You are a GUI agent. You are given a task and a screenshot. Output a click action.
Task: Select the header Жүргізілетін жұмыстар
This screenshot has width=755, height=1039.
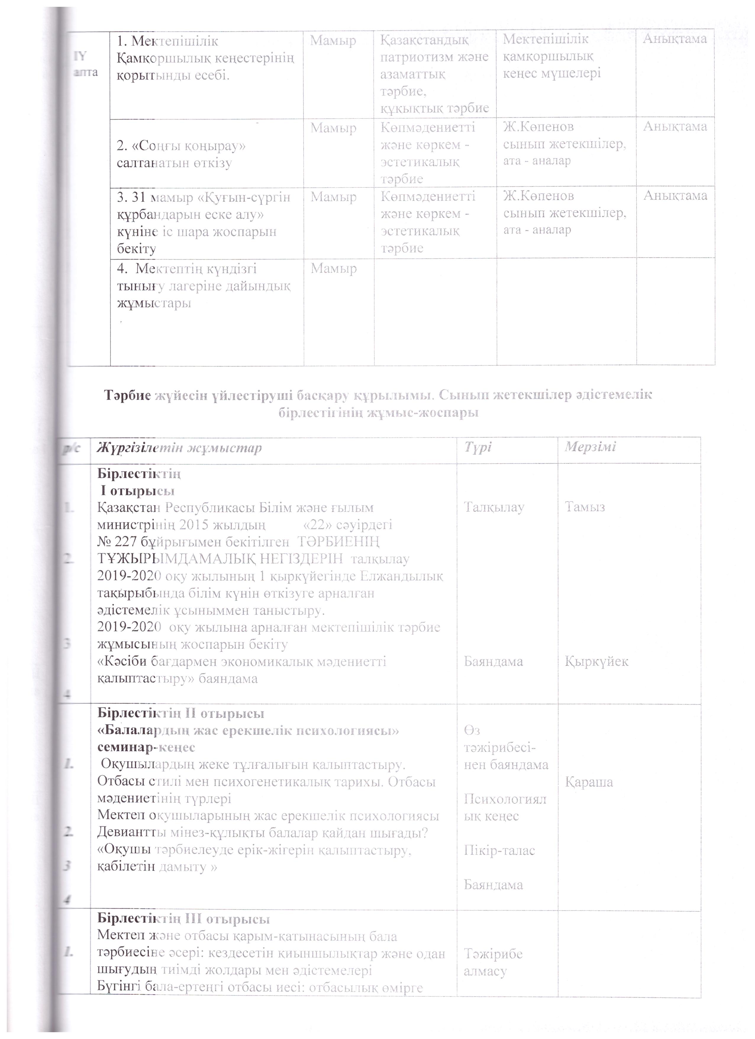pyautogui.click(x=179, y=448)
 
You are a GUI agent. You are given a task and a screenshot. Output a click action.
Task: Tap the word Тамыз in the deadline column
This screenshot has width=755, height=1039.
pyautogui.click(x=585, y=507)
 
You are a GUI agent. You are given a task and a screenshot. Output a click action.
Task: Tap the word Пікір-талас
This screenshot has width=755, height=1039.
pyautogui.click(x=499, y=850)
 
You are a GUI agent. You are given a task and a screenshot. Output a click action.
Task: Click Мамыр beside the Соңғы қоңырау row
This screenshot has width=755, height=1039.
pyautogui.click(x=333, y=128)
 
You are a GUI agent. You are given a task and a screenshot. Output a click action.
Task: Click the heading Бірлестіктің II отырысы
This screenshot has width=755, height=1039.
pyautogui.click(x=181, y=714)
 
